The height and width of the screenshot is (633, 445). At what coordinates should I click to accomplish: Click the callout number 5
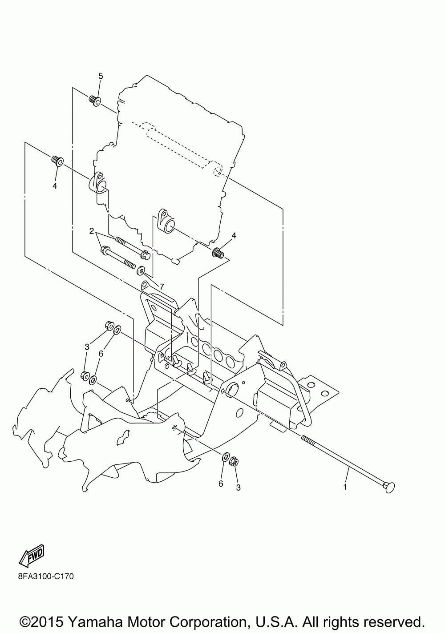101,76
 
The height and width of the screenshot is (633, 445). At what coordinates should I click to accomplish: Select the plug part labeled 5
95,101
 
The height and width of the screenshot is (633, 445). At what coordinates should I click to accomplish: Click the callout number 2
91,231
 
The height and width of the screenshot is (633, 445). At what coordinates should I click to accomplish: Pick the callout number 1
344,487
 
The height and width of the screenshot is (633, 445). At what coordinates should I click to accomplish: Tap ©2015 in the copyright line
42,621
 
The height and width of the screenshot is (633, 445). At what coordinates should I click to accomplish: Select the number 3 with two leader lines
88,347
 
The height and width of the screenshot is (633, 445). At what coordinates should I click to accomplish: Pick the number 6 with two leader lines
101,353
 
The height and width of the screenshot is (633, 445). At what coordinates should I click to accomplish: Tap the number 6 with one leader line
221,484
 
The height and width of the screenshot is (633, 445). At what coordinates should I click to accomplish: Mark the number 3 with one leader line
238,488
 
